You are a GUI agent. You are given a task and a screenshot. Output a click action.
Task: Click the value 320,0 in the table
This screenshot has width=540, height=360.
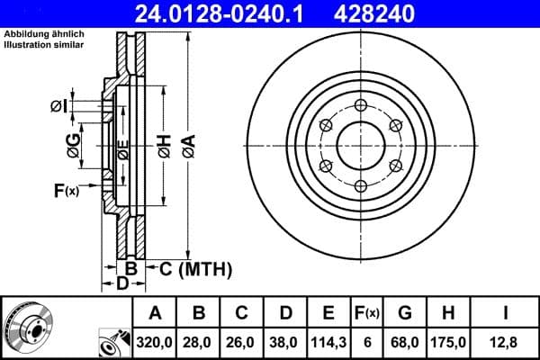point(156,341)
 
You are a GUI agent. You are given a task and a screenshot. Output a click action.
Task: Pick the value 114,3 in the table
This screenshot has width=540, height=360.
point(328,341)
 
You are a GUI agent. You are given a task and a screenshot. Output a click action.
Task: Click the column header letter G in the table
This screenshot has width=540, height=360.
point(404,313)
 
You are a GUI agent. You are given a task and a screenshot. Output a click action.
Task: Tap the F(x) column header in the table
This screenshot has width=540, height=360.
point(366,313)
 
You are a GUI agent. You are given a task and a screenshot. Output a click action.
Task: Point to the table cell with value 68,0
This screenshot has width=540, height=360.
point(404,341)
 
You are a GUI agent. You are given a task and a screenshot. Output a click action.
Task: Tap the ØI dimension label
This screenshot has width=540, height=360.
point(58,107)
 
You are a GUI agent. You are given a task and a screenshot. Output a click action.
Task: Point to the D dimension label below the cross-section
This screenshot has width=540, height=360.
point(123,284)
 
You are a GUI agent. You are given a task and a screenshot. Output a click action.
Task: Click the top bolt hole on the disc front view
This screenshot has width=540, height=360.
point(361,105)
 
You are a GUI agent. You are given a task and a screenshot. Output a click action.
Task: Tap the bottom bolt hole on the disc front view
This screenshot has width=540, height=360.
point(361,186)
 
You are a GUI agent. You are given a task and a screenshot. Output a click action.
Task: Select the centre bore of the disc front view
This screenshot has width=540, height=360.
point(361,146)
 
